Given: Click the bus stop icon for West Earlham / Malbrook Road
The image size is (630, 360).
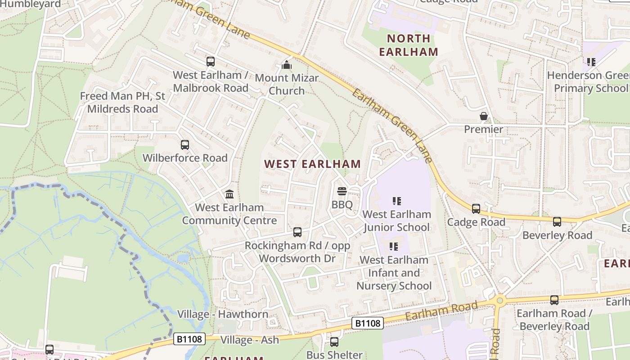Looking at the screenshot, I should [x=211, y=62].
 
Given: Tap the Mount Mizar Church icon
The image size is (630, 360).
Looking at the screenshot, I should [x=287, y=65].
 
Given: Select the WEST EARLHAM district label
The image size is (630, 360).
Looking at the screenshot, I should [x=312, y=164].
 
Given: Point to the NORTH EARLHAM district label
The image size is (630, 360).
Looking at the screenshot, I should [x=408, y=45].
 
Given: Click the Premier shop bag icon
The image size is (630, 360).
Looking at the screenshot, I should [x=484, y=117].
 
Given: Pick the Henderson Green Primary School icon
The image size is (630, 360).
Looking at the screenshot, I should [x=591, y=62].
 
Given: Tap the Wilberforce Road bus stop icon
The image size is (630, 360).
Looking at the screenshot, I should [x=185, y=145].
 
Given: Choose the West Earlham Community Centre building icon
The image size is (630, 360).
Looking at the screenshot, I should [x=229, y=194].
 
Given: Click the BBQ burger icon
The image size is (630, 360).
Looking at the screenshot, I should [x=342, y=191].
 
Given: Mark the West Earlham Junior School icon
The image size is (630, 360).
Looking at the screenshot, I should [x=396, y=201].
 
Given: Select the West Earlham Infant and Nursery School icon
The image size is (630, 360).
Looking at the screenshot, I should [x=394, y=247].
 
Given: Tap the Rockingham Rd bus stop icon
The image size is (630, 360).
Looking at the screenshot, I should [x=297, y=232].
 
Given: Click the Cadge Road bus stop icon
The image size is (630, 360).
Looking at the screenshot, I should [x=476, y=209].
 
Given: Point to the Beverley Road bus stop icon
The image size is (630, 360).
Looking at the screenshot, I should [x=557, y=222].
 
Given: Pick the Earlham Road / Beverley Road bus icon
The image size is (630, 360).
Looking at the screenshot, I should [x=554, y=300].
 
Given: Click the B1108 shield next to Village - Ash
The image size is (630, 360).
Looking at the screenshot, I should [x=189, y=339].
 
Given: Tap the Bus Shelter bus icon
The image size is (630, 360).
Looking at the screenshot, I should [x=334, y=342].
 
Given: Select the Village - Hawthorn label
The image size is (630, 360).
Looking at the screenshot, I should [x=223, y=314].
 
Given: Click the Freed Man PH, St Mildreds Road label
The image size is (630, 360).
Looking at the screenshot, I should [x=122, y=102].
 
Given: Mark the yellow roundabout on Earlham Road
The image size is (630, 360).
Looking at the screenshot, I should [x=499, y=301].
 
